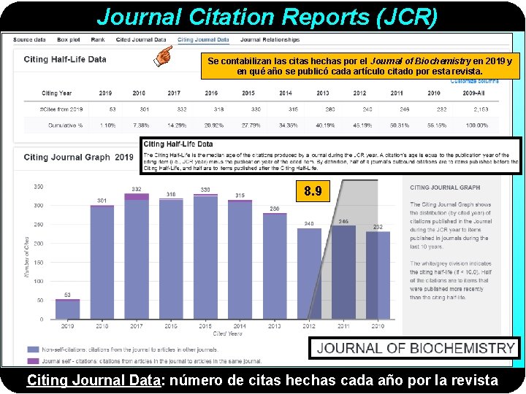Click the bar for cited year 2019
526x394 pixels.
pos(68,309)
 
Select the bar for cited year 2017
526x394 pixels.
pos(137,255)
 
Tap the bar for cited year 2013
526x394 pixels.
pos(275,266)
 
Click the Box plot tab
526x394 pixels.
pos(69,39)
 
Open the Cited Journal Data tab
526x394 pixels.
pos(142,39)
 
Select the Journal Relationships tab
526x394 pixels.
pos(270,39)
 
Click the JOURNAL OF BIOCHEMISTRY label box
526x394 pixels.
pos(415,348)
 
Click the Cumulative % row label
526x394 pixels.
pos(61,125)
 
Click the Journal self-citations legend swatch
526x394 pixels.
pos(34,360)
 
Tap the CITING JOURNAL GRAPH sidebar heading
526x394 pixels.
pos(445,188)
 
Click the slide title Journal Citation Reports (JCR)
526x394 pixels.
pos(267,16)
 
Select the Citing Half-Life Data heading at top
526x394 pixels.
pos(65,59)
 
